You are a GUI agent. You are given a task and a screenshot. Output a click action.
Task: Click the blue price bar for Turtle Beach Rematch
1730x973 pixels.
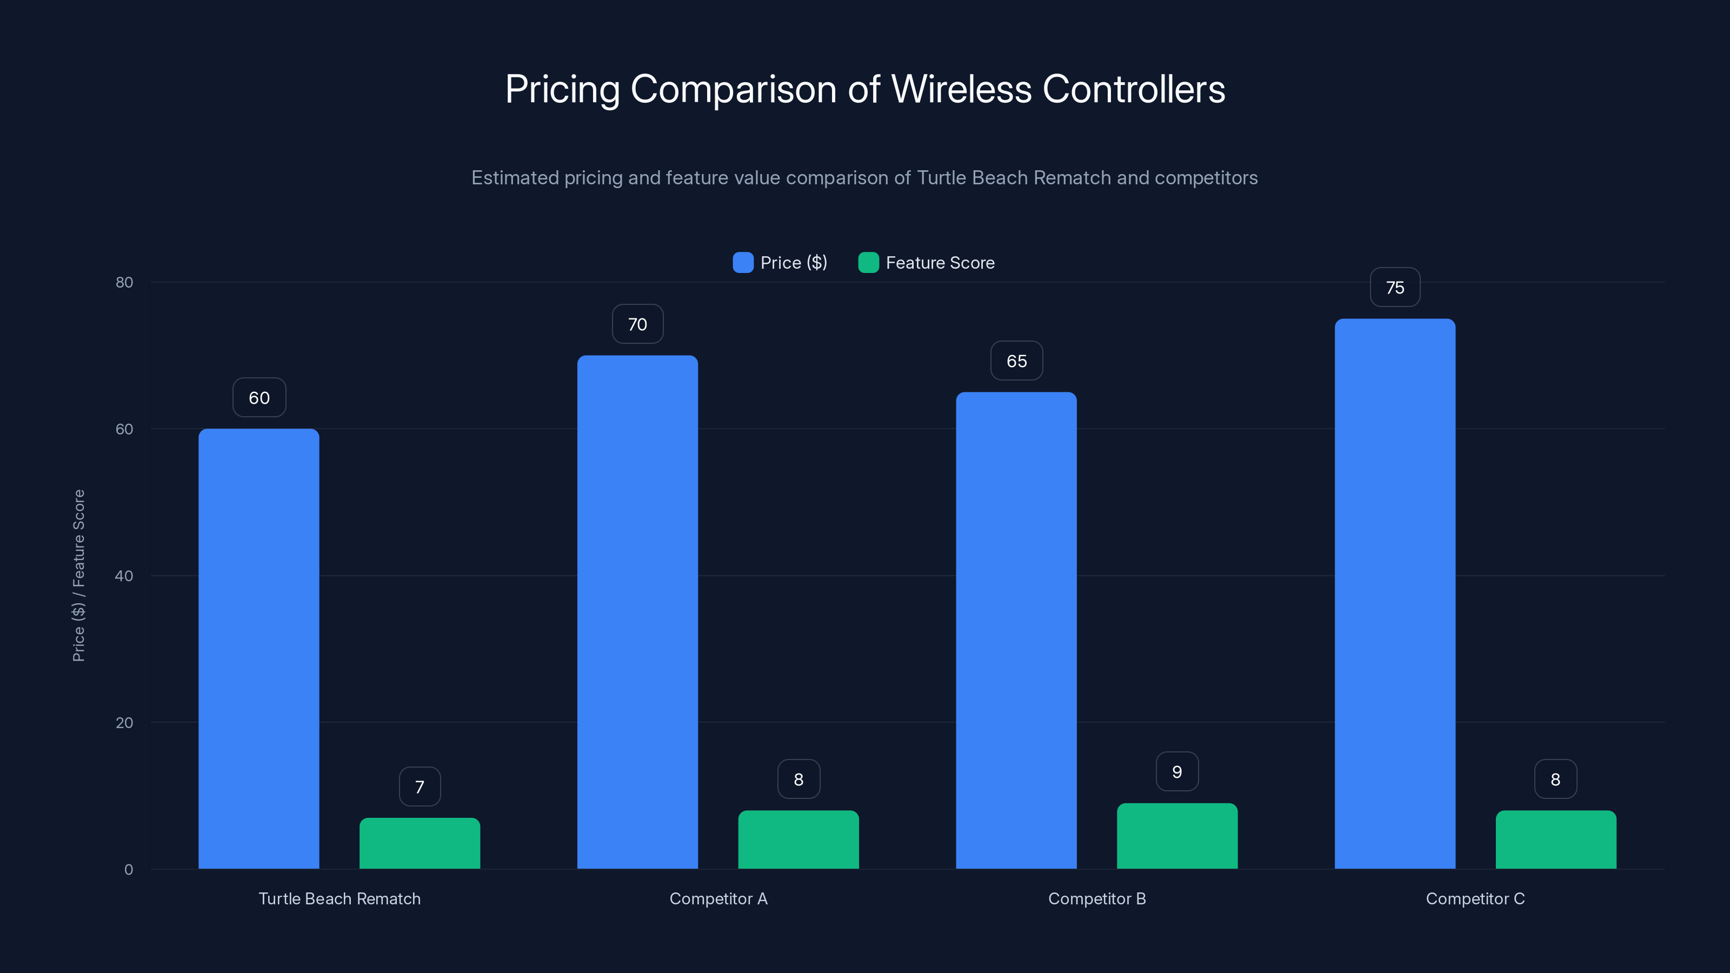pyautogui.click(x=258, y=648)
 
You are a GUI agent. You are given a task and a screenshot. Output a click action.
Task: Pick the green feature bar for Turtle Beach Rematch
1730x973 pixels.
pyautogui.click(x=420, y=843)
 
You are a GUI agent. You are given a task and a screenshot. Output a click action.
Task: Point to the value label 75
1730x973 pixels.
pyautogui.click(x=1394, y=288)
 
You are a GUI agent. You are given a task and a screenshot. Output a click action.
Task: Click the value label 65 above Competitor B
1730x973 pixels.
pyautogui.click(x=1016, y=361)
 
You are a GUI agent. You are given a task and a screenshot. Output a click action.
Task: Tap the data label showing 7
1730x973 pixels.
pyautogui.click(x=420, y=787)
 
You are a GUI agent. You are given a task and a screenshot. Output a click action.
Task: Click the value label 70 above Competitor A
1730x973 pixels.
pyautogui.click(x=637, y=324)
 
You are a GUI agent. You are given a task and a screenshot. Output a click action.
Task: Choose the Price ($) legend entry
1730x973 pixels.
pyautogui.click(x=780, y=263)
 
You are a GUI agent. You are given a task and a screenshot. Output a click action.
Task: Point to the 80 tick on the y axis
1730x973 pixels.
pyautogui.click(x=124, y=282)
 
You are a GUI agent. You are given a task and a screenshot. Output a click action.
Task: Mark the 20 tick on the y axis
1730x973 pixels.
pyautogui.click(x=124, y=723)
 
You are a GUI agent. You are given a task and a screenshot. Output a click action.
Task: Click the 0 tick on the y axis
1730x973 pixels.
pyautogui.click(x=128, y=870)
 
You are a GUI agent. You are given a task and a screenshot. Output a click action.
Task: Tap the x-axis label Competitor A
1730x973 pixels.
pyautogui.click(x=718, y=898)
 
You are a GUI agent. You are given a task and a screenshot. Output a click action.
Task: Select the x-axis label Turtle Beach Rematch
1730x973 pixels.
pyautogui.click(x=339, y=898)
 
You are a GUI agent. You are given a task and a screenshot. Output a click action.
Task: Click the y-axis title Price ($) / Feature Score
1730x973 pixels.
pyautogui.click(x=78, y=576)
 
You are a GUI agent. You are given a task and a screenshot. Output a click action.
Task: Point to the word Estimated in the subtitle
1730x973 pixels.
pyautogui.click(x=515, y=178)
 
